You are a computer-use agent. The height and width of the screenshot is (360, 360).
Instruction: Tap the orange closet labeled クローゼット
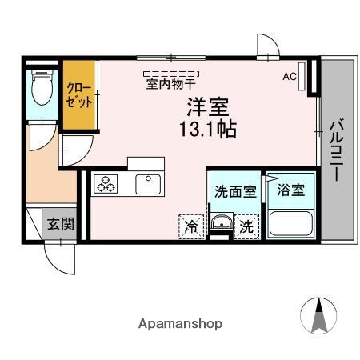coord(78,96)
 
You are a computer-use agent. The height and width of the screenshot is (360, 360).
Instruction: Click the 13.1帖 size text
coord(207,129)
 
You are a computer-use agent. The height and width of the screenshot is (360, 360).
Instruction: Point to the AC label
coord(289,77)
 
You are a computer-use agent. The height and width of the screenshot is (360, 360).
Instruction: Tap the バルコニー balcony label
coord(337,150)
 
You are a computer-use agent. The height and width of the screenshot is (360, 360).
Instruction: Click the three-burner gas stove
coord(106,183)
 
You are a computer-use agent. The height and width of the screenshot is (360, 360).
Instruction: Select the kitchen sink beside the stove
coord(149,183)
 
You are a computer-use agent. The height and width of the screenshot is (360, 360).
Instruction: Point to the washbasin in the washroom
coord(220,224)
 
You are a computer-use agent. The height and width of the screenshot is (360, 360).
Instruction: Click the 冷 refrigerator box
coord(191,226)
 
